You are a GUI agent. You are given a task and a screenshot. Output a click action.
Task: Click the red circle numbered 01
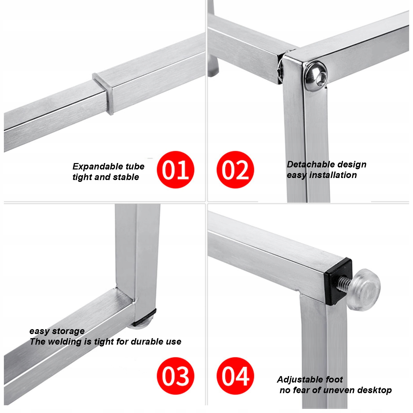pos(175,170)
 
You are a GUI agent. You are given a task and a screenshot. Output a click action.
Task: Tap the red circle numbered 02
pos(235,170)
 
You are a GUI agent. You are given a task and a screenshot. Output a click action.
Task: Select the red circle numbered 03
pos(175,376)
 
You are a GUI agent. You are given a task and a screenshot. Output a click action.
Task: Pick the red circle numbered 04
pos(235,376)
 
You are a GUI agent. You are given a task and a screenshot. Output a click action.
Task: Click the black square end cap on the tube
pos(338,281)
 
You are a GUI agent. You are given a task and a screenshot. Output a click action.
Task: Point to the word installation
pos(333,175)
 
